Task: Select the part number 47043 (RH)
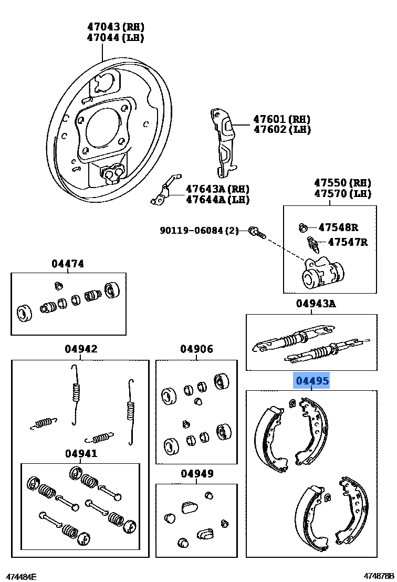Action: click(116, 27)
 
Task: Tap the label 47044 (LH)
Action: click(116, 38)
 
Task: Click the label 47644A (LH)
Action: click(217, 200)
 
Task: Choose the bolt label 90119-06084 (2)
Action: click(199, 230)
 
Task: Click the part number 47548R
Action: click(338, 227)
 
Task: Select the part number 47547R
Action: click(348, 242)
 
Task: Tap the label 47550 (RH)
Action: click(342, 183)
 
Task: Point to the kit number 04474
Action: click(67, 264)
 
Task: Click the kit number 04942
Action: click(81, 349)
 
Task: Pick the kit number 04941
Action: click(81, 453)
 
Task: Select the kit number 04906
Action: click(196, 349)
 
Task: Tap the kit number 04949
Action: click(197, 474)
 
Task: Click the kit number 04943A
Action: click(316, 303)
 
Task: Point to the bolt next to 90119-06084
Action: click(257, 231)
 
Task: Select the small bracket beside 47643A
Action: click(165, 192)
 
